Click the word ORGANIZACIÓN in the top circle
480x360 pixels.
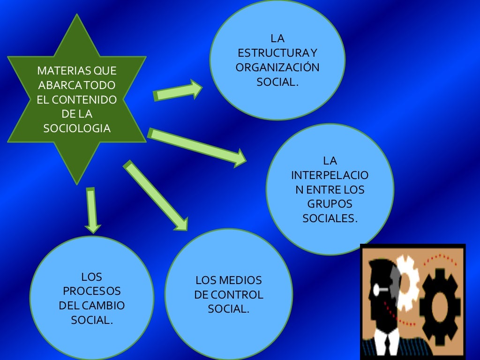tap(277, 67)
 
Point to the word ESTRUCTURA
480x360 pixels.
tap(271, 53)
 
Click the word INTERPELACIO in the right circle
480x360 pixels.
tap(330, 176)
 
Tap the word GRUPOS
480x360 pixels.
tap(330, 204)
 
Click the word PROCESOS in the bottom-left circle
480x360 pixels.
tap(92, 291)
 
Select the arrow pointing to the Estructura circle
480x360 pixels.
tap(178, 91)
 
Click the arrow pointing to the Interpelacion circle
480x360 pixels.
tap(197, 146)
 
